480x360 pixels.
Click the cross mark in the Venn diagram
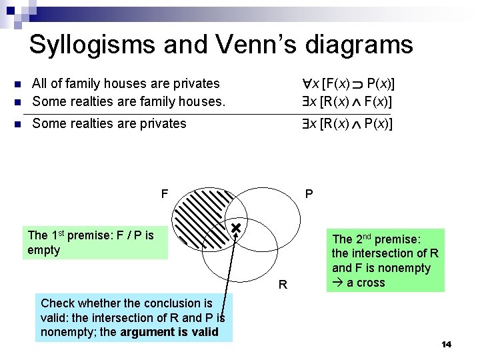(x=235, y=229)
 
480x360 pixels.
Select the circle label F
(x=164, y=194)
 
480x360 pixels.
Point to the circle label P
(x=309, y=194)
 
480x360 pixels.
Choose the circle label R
(x=283, y=285)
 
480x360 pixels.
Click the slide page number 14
(x=446, y=344)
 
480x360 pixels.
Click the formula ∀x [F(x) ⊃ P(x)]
(x=347, y=84)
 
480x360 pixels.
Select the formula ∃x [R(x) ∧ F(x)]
(x=346, y=102)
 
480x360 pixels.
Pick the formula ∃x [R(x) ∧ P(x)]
(x=346, y=123)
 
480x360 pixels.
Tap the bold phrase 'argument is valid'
(x=169, y=331)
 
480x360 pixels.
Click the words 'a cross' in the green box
(x=363, y=283)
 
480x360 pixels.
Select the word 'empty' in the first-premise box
(x=44, y=250)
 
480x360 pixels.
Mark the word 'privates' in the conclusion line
(x=161, y=123)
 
